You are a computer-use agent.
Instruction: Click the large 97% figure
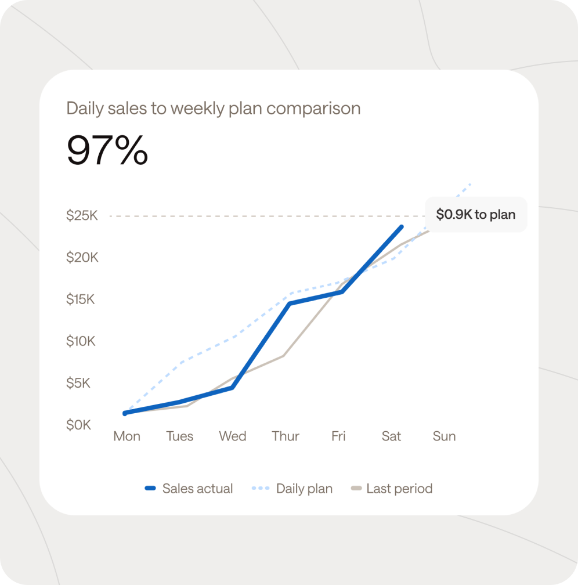coord(107,150)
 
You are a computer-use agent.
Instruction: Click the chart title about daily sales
coord(213,109)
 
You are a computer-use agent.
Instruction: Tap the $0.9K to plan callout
coord(475,215)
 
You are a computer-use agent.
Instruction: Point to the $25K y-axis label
coord(82,216)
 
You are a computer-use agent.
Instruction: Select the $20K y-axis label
coord(82,258)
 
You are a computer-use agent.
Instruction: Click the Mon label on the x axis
coord(127,436)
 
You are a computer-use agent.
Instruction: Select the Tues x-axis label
coord(180,436)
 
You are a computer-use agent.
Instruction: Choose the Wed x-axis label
coord(233,436)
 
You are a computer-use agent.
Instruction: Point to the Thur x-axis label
coord(286,436)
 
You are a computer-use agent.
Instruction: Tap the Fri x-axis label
coord(338,436)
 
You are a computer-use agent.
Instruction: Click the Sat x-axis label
coord(391,436)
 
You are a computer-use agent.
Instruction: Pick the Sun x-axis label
coord(444,436)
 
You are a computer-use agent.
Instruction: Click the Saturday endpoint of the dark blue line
coord(401,227)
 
